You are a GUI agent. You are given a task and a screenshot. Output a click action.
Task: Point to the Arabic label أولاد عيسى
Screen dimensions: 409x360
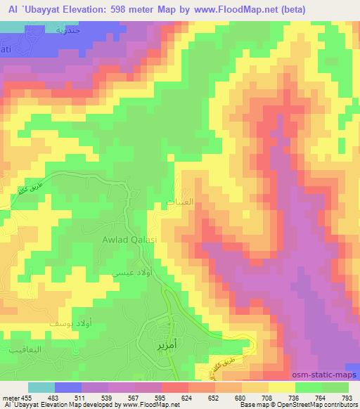tap(133, 270)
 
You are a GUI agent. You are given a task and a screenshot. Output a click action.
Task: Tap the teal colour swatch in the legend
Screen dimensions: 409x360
tap(42, 387)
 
